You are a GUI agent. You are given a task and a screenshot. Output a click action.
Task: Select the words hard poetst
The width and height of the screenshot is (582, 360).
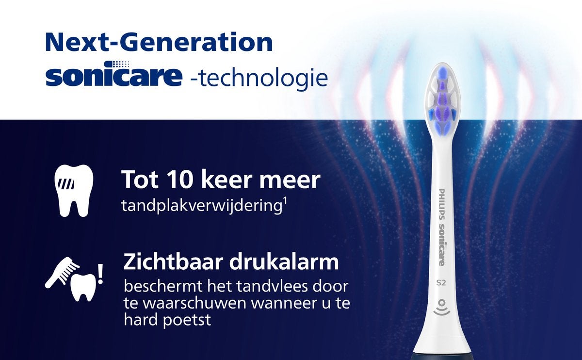pyautogui.click(x=167, y=320)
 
